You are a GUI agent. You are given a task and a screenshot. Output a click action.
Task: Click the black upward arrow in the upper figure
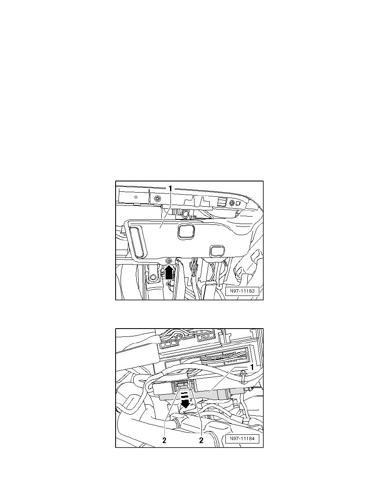(x=168, y=273)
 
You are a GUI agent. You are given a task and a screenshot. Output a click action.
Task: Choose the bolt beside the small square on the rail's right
(x=232, y=203)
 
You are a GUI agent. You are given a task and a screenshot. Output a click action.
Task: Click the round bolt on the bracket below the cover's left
(x=153, y=277)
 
